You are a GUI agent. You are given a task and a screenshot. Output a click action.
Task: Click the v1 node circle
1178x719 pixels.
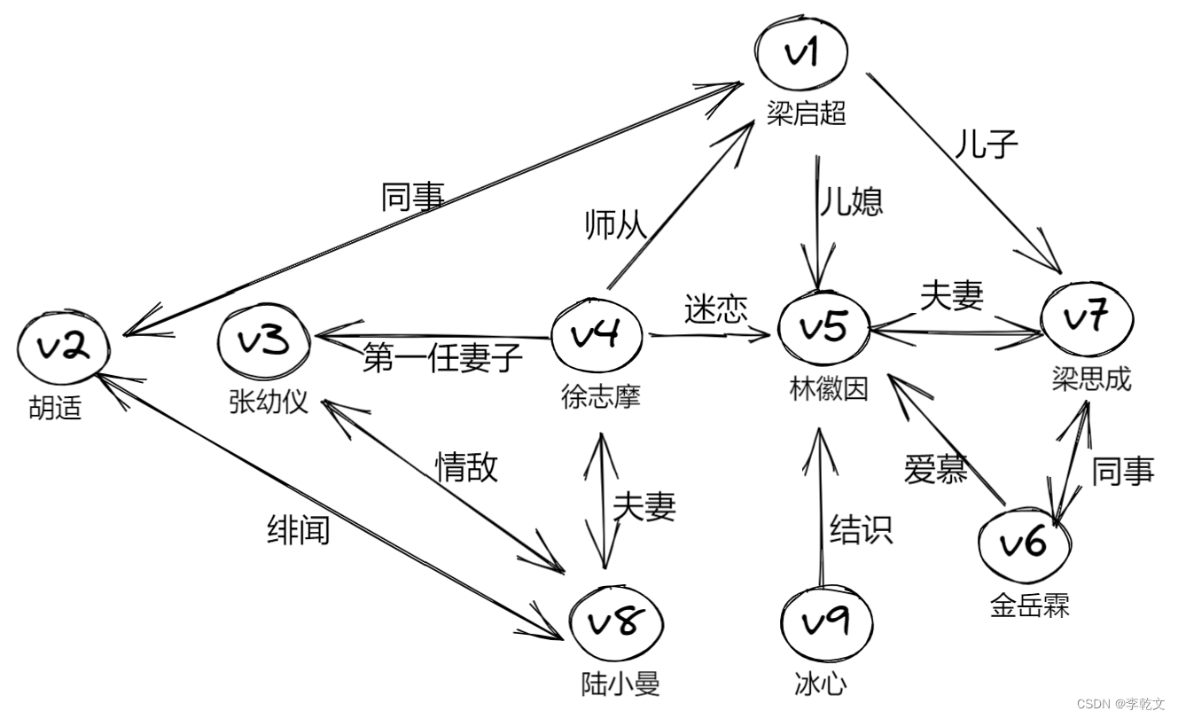[x=802, y=54]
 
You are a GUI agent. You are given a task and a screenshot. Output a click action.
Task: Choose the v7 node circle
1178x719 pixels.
[x=1087, y=318]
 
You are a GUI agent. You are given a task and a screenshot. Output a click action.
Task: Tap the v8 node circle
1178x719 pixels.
[x=616, y=623]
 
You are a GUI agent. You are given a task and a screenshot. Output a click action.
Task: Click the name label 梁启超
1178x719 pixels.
[x=807, y=113]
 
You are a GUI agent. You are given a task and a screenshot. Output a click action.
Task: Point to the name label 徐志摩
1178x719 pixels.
[x=600, y=396]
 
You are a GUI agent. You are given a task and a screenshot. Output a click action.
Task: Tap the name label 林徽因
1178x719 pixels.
[x=828, y=388]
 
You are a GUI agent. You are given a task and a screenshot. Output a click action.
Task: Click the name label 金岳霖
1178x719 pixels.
[x=1029, y=606]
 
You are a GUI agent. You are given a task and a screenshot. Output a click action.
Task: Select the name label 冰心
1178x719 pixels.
[x=820, y=684]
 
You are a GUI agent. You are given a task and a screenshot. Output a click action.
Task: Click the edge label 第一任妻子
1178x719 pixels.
[x=442, y=359]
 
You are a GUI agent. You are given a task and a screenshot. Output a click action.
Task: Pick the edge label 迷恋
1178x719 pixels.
[x=715, y=309]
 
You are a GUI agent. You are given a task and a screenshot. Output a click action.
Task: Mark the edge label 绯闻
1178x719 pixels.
[x=299, y=528]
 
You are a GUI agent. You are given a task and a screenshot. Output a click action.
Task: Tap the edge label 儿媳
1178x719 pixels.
[x=850, y=201]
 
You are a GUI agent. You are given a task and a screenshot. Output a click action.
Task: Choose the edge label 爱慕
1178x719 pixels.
[x=935, y=469]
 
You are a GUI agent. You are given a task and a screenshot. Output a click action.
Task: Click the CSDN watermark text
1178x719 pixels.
[x=1119, y=704]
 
